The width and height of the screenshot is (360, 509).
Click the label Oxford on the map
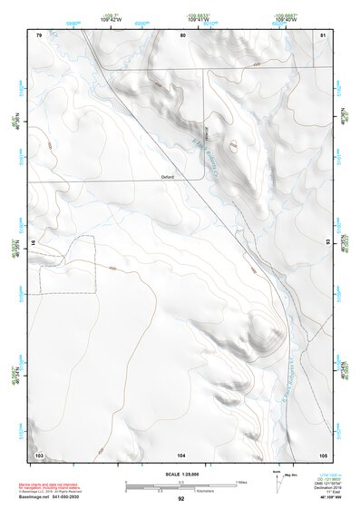(x=167, y=177)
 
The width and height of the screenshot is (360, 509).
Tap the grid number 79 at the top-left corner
(x=39, y=34)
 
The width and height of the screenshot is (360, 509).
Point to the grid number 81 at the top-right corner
(x=323, y=34)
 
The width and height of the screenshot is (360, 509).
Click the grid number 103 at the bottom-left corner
(x=39, y=454)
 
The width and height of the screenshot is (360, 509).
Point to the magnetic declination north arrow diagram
(x=278, y=480)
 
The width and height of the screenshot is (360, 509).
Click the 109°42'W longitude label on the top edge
(x=112, y=17)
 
